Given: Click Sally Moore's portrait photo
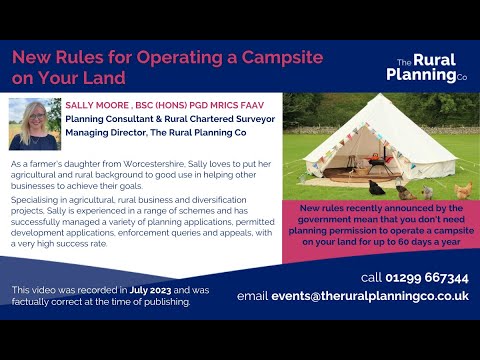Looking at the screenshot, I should click(33, 123).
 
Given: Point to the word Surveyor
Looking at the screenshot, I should click(246, 117).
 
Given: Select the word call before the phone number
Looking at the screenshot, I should click(371, 277).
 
